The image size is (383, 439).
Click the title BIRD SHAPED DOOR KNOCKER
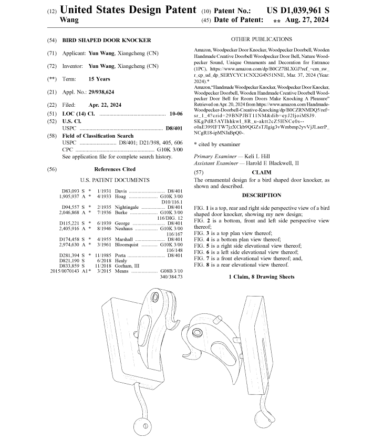click(x=107, y=40)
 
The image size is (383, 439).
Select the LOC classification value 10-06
click(x=176, y=114)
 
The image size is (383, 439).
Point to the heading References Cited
click(x=115, y=169)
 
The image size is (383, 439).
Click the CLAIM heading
click(x=261, y=172)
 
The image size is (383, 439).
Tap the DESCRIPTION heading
click(x=261, y=195)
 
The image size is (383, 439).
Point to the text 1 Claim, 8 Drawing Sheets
click(x=261, y=277)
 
